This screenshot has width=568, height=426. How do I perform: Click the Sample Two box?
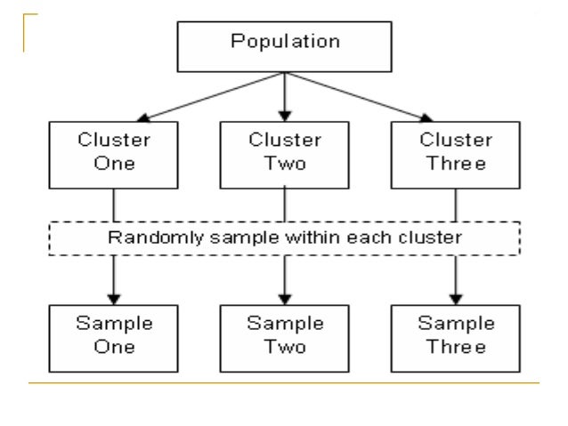(284, 335)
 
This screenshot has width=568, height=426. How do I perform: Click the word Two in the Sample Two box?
(284, 345)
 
